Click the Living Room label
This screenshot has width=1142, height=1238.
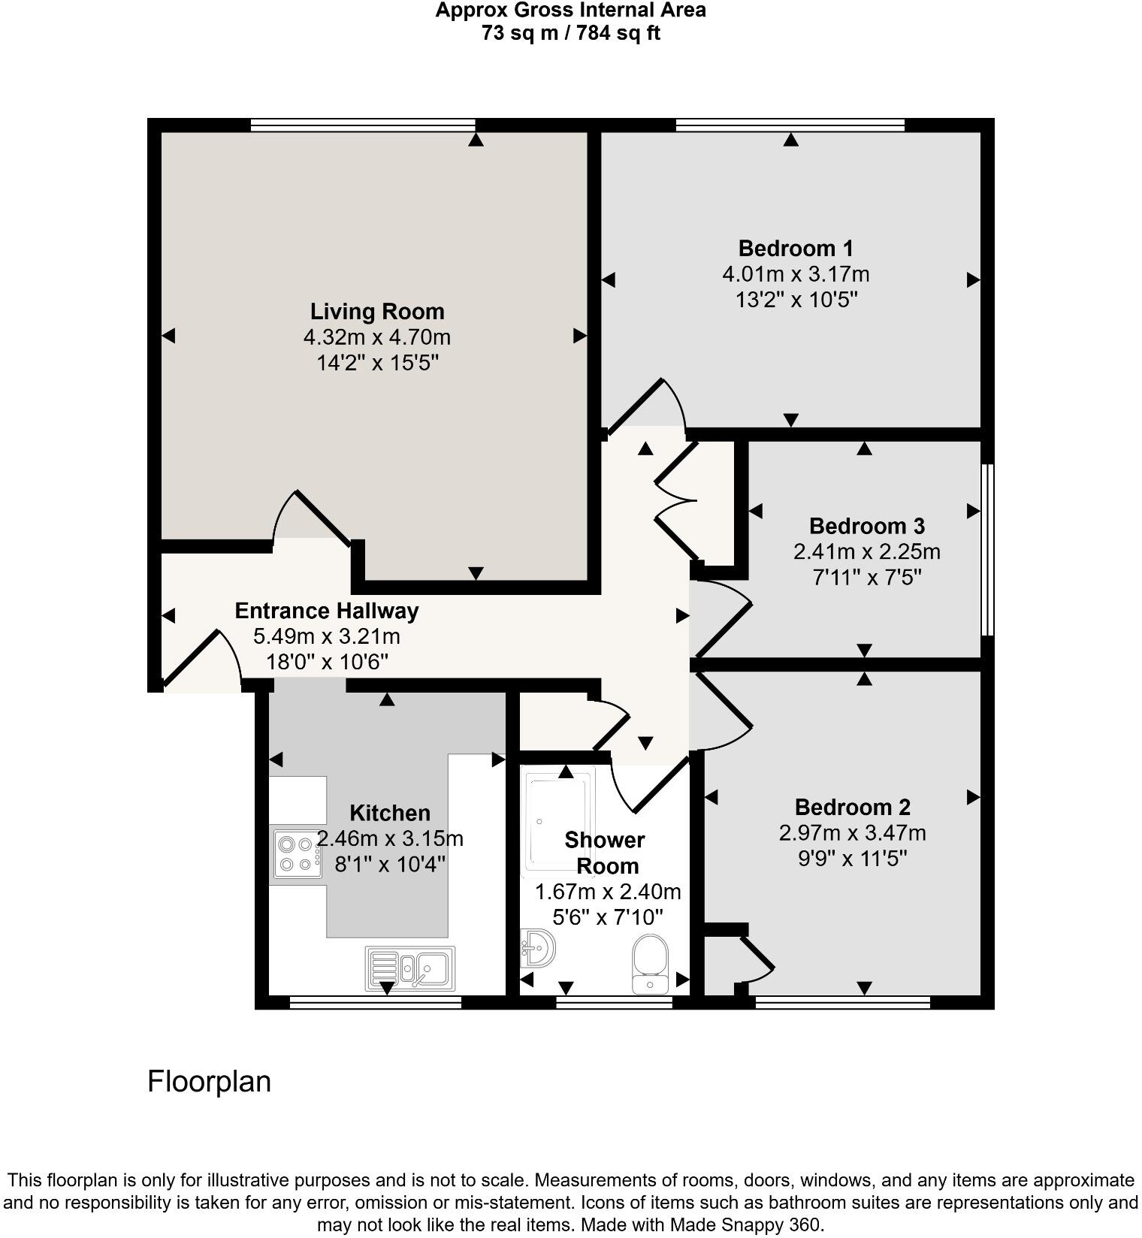(x=377, y=311)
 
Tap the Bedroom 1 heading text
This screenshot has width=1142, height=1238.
(x=795, y=248)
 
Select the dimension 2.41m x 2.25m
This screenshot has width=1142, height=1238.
(x=866, y=552)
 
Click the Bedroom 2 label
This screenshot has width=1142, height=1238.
(x=852, y=808)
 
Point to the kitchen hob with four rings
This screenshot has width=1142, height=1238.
(x=296, y=854)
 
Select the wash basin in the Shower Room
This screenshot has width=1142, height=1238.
(x=537, y=948)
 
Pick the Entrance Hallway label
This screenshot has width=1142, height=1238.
(x=326, y=611)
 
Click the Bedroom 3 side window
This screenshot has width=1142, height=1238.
(x=988, y=550)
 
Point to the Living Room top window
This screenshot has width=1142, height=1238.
(x=362, y=125)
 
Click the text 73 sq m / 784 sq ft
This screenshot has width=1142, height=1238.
(x=570, y=33)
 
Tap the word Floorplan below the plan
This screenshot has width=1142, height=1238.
(x=209, y=1082)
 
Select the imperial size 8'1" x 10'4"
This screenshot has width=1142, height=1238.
(x=390, y=864)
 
